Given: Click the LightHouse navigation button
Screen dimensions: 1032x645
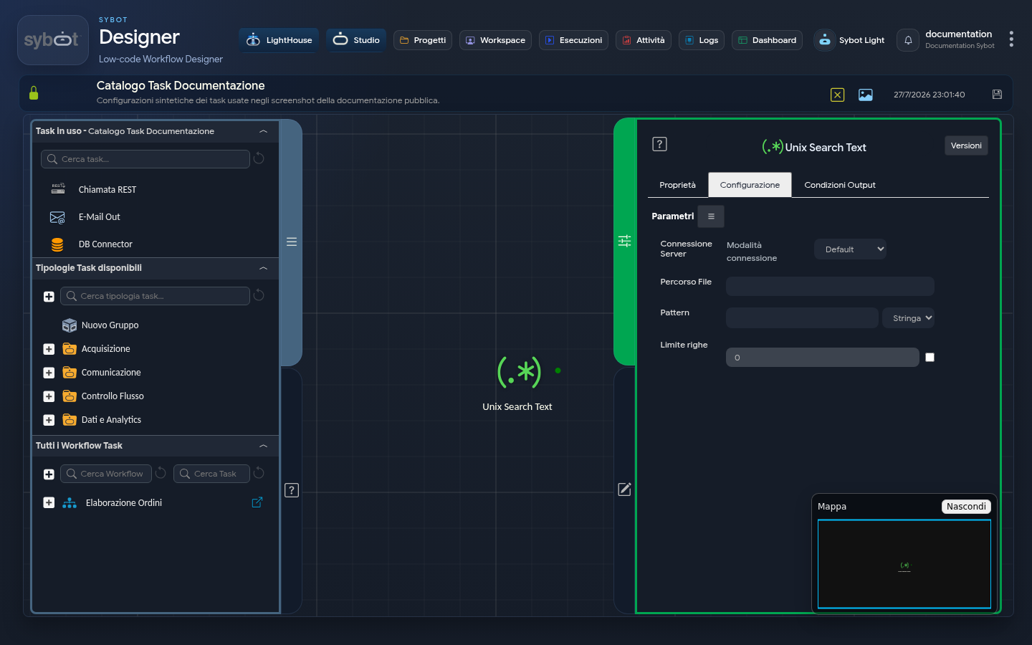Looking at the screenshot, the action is click(x=279, y=40).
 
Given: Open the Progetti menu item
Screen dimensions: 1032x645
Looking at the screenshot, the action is click(x=423, y=40).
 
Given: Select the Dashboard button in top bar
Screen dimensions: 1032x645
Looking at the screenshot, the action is click(x=767, y=40).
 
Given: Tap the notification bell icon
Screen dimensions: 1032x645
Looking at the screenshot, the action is click(x=908, y=41).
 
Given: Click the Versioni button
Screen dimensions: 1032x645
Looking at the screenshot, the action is click(x=966, y=145).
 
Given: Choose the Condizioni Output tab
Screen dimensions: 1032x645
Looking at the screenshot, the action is click(x=839, y=185).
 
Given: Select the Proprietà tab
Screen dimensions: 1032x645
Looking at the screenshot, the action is click(x=677, y=185).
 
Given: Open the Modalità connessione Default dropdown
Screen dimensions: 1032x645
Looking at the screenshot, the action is click(x=850, y=249).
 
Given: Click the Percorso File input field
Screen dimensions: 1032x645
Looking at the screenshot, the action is click(x=830, y=286).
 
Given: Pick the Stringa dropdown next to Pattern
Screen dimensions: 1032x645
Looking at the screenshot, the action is click(x=908, y=318).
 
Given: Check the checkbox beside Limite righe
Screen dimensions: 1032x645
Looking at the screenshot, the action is click(x=930, y=358).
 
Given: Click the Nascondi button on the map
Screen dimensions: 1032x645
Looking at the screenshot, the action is click(x=966, y=506).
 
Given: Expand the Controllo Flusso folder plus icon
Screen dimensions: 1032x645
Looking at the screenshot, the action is click(x=49, y=396).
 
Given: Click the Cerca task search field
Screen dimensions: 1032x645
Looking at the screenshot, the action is click(x=145, y=159).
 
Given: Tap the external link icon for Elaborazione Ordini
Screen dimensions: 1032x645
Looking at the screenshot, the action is click(x=257, y=502).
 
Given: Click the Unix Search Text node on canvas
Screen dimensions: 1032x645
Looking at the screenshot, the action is click(x=519, y=373).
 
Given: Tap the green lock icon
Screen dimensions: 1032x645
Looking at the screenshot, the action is click(x=34, y=93).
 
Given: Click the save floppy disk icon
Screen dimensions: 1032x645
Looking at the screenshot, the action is click(x=997, y=95).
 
